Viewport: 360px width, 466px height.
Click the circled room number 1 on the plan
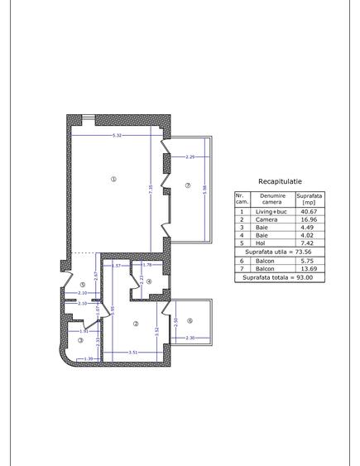pos(113,179)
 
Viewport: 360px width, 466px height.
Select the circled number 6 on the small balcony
pos(190,321)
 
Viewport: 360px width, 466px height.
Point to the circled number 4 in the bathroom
pos(149,281)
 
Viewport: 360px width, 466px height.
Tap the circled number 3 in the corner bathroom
pos(80,339)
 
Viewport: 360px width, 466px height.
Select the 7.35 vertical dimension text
pos(151,189)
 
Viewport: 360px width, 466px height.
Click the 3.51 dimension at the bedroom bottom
pos(133,353)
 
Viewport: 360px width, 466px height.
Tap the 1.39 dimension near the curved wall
pos(89,358)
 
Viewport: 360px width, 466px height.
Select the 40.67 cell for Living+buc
pos(308,211)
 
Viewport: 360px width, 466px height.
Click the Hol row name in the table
pos(266,243)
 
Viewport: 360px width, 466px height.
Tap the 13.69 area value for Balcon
pos(308,269)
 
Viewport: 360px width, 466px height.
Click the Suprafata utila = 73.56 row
pos(280,252)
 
